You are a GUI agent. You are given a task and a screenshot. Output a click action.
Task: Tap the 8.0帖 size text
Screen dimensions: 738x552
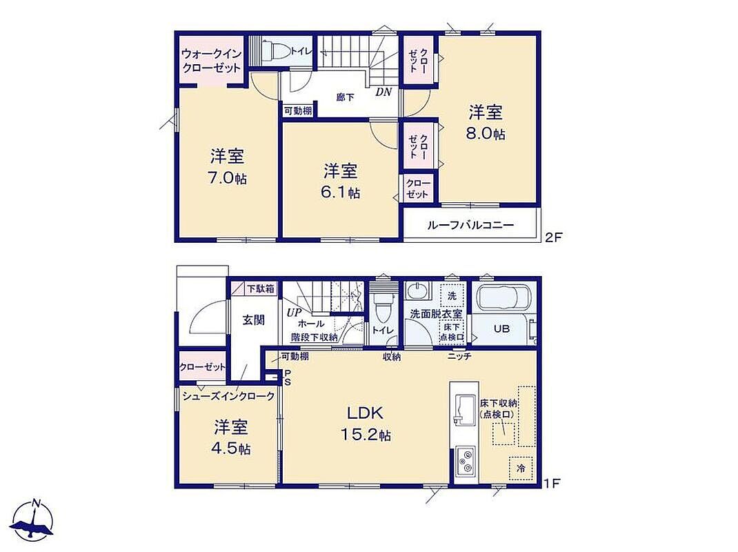486,135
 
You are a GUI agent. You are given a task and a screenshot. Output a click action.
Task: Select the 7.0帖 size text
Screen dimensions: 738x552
228,178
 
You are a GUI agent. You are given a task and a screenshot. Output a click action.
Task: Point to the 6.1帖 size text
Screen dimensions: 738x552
340,193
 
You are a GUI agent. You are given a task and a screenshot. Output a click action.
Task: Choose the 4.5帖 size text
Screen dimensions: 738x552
231,448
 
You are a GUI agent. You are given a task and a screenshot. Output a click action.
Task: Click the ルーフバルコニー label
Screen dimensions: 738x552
470,225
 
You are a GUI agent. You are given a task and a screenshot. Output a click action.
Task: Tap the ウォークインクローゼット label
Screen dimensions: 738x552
211,60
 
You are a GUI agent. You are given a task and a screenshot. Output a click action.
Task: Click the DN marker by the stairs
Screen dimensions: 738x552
383,92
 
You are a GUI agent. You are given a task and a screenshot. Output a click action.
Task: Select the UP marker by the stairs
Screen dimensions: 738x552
294,312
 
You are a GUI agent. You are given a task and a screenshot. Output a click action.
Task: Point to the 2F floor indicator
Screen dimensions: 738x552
553,237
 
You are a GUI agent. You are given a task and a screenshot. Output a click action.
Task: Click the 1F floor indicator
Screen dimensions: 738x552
552,483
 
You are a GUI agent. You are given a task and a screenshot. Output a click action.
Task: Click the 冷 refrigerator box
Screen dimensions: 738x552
521,468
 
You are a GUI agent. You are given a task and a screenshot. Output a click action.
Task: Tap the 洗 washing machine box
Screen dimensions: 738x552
452,295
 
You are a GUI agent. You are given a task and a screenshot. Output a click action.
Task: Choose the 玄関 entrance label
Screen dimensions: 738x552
253,320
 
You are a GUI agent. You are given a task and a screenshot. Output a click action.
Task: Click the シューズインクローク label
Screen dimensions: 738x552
228,396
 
